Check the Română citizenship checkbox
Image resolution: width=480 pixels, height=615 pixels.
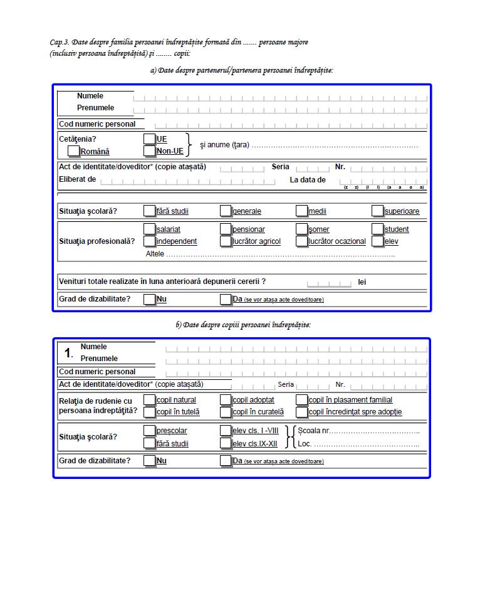pyautogui.click(x=74, y=151)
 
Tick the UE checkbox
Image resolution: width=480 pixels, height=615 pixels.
pyautogui.click(x=149, y=139)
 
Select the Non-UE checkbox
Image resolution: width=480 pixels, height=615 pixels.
pyautogui.click(x=149, y=151)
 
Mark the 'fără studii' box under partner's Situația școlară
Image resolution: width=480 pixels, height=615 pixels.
pyautogui.click(x=149, y=211)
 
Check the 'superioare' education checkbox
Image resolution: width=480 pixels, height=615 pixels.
pyautogui.click(x=378, y=211)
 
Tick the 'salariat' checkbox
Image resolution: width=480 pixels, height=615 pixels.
pyautogui.click(x=149, y=229)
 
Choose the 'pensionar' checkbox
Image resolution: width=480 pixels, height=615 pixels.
pyautogui.click(x=226, y=229)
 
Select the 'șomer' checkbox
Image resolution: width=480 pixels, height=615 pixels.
pyautogui.click(x=302, y=229)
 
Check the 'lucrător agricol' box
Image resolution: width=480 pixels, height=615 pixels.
pyautogui.click(x=226, y=241)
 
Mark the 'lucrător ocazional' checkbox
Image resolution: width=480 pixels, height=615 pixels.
pyautogui.click(x=302, y=241)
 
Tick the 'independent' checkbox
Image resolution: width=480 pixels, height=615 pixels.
pyautogui.click(x=149, y=241)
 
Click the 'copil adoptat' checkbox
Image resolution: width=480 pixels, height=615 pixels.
pyautogui.click(x=226, y=400)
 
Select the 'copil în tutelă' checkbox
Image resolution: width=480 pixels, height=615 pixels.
pyautogui.click(x=149, y=412)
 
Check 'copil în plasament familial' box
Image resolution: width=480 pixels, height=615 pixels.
pyautogui.click(x=302, y=400)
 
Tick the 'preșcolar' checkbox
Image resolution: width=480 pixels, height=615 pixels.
pyautogui.click(x=149, y=431)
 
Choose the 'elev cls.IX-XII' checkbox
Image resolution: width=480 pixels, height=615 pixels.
pyautogui.click(x=226, y=444)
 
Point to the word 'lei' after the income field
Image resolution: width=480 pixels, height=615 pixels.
pyautogui.click(x=362, y=282)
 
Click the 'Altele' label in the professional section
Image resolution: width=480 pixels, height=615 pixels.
pyautogui.click(x=155, y=254)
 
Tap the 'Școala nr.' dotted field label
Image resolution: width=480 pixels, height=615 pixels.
pyautogui.click(x=313, y=431)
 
